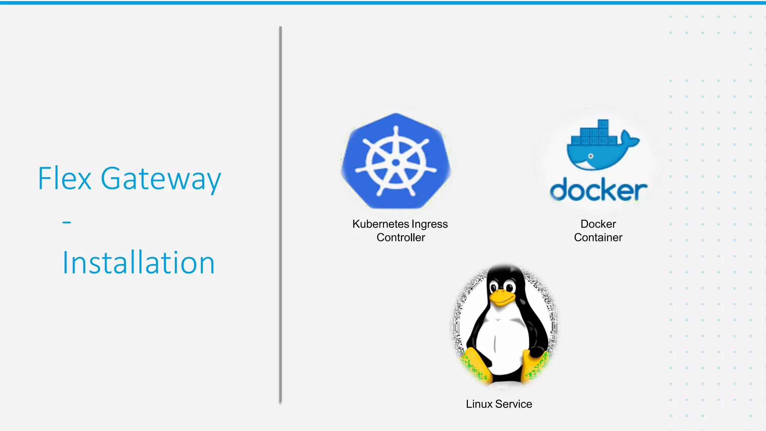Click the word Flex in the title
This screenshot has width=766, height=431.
[64, 179]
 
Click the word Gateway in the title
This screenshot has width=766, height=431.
[161, 179]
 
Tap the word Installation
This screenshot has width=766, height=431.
[138, 263]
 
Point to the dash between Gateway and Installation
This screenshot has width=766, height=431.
[67, 222]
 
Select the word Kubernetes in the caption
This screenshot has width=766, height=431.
[380, 224]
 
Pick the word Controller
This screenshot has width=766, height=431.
[401, 237]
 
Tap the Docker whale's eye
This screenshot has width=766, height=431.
[591, 156]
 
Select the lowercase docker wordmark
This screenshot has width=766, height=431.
[598, 191]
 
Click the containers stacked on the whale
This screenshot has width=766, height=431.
[595, 135]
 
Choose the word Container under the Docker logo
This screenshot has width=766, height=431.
[598, 237]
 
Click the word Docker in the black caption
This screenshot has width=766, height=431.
[598, 224]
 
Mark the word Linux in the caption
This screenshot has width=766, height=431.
[479, 404]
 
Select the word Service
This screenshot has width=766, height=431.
[514, 404]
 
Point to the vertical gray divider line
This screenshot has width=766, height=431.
[280, 215]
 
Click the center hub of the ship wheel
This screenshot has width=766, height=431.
[396, 163]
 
